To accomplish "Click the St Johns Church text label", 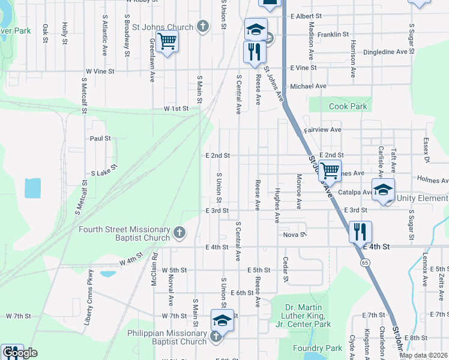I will (x=163, y=27).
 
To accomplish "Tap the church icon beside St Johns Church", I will (x=203, y=26).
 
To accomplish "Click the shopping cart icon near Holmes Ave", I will (x=330, y=171).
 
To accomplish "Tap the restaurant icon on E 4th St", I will (x=360, y=231).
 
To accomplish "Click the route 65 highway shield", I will (x=364, y=262).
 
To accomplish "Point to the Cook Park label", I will (x=348, y=106).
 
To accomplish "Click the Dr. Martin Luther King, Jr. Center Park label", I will (x=306, y=316).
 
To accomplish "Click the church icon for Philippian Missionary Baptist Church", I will (x=217, y=337).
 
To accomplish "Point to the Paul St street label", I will (x=100, y=138).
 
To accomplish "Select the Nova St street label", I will (x=295, y=235).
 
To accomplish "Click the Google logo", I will (x=20, y=353).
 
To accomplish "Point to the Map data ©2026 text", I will (x=423, y=355).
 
